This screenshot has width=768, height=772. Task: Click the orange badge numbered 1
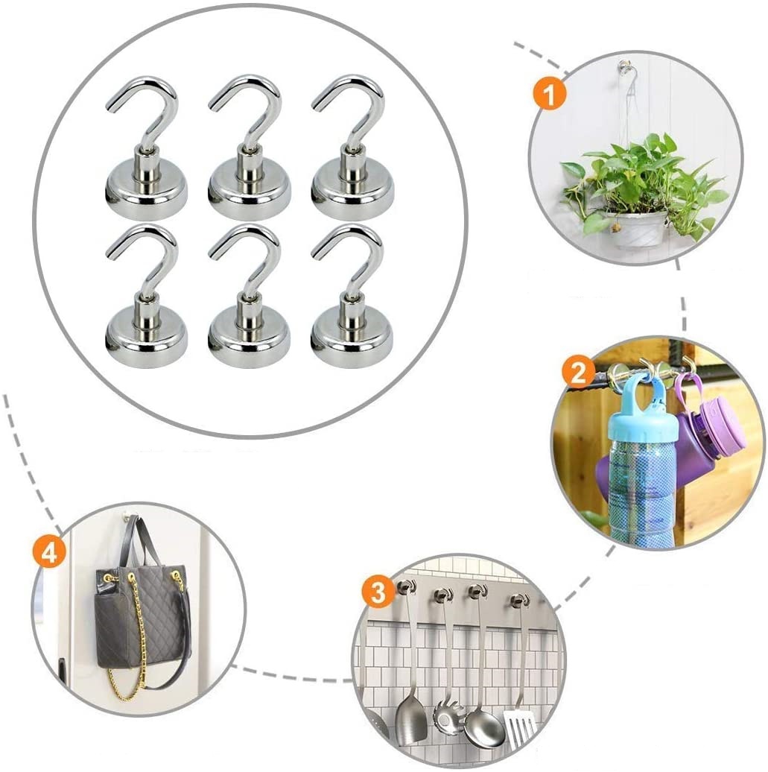pos(550,95)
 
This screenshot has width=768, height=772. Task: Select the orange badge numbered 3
pos(378,592)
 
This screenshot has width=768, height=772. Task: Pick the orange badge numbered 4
pos(48,553)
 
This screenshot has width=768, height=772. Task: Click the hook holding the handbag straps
pos(128,517)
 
